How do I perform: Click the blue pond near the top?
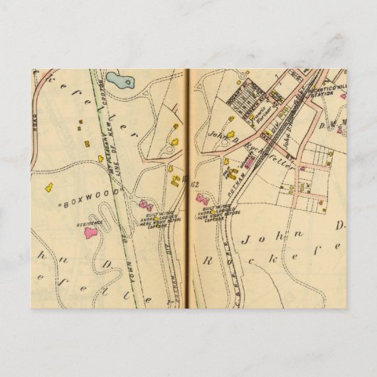(123, 80)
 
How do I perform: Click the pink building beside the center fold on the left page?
(149, 205)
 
